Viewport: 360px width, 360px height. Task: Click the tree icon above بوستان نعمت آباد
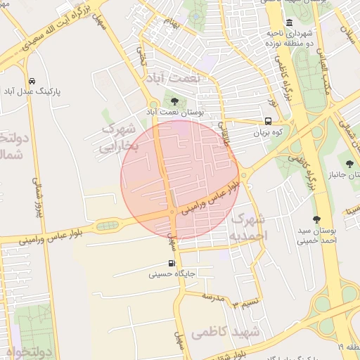tap(174, 102)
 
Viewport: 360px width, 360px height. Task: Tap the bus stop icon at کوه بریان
tap(268, 121)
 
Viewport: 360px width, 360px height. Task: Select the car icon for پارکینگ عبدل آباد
tap(32, 80)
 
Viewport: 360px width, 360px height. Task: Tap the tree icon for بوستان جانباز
tap(349, 162)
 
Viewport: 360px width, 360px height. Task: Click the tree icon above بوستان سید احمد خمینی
tap(317, 219)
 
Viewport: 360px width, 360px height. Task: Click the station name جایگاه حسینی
tap(172, 275)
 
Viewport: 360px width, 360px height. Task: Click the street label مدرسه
tap(212, 296)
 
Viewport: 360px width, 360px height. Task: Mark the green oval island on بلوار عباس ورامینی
tap(107, 226)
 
